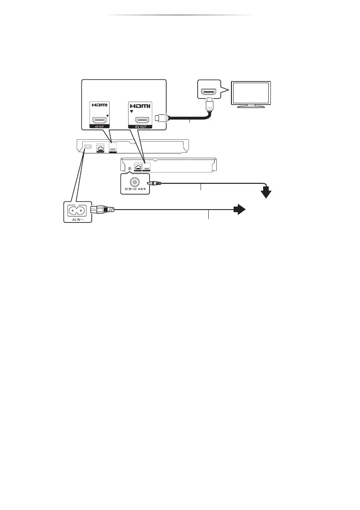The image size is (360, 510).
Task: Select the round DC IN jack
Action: pyautogui.click(x=136, y=181)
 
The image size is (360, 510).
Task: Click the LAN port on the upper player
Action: pyautogui.click(x=100, y=148)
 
